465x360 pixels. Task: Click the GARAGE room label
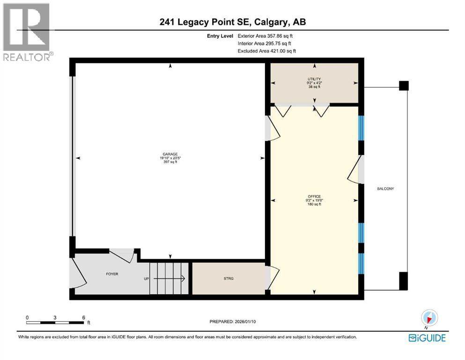(169, 153)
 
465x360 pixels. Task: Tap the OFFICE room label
(314, 196)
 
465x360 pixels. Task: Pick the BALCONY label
(386, 188)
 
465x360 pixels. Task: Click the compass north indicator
(428, 318)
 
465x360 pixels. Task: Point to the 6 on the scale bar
(83, 317)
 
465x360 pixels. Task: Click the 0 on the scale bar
(27, 317)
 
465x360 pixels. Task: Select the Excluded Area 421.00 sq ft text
(267, 51)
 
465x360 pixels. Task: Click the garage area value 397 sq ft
(169, 163)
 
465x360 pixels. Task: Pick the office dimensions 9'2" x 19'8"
(314, 200)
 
